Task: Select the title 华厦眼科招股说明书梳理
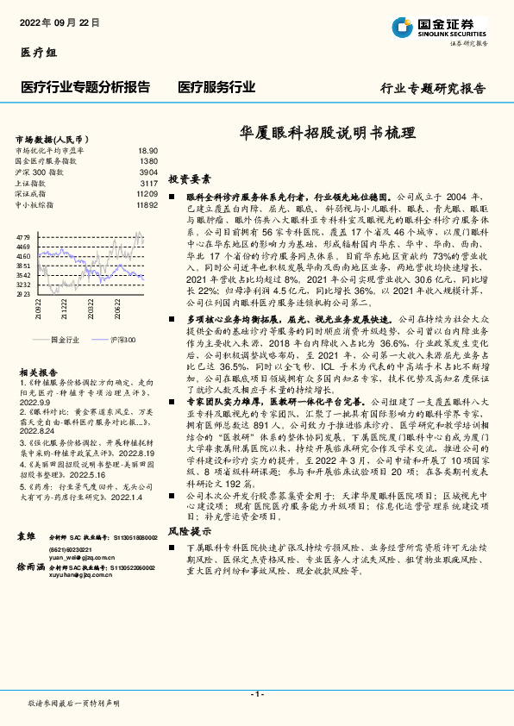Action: (326, 135)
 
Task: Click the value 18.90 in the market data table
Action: (147, 150)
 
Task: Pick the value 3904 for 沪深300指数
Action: (147, 172)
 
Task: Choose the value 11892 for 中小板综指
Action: (147, 205)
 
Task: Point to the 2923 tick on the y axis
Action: (23, 294)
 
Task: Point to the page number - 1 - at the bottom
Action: (256, 694)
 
